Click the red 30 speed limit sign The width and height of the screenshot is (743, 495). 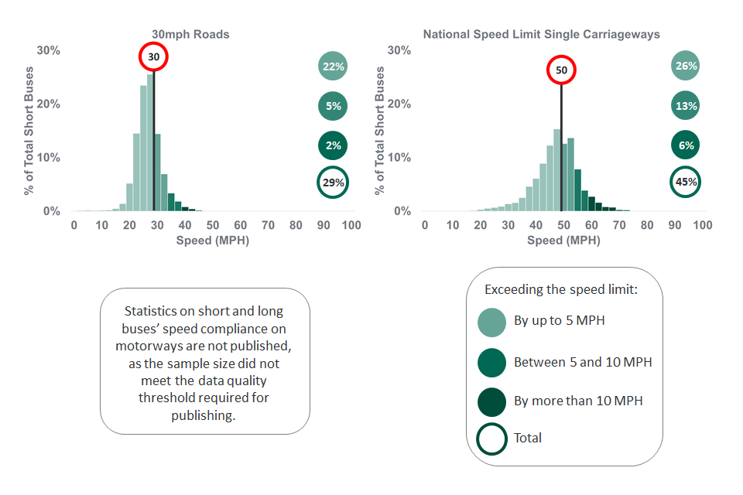coord(153,57)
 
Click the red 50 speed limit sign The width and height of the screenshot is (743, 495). coord(561,70)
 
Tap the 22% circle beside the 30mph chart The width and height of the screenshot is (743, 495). coord(333,67)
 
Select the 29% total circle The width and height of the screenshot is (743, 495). coord(333,183)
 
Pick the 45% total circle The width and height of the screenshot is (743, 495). coord(686,183)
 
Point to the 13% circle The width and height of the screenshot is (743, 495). coord(686,106)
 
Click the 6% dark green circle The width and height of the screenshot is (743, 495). coord(686,145)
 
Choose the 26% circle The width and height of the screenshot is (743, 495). coord(686,67)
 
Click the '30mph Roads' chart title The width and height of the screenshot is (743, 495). coord(190,35)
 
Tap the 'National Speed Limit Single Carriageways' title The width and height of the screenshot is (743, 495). coord(541,35)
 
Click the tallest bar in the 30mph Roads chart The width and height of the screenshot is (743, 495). coord(150,143)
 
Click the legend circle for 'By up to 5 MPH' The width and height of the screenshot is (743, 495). coord(492,322)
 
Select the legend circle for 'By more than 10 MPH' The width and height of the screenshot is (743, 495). coord(492,401)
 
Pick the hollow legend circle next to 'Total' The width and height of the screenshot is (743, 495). coord(492,439)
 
